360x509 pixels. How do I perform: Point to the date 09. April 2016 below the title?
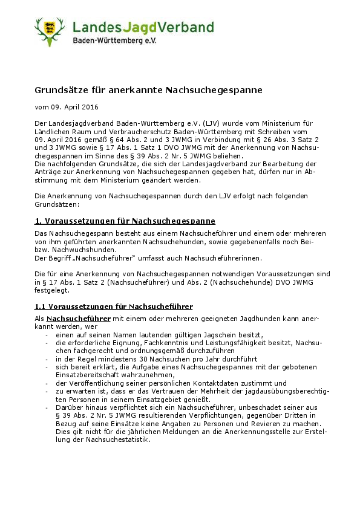click(x=70, y=107)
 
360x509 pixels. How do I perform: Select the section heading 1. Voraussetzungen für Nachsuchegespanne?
click(x=125, y=221)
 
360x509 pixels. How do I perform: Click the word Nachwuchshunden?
click(x=83, y=249)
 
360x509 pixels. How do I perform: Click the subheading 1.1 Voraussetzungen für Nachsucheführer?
click(x=114, y=306)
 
